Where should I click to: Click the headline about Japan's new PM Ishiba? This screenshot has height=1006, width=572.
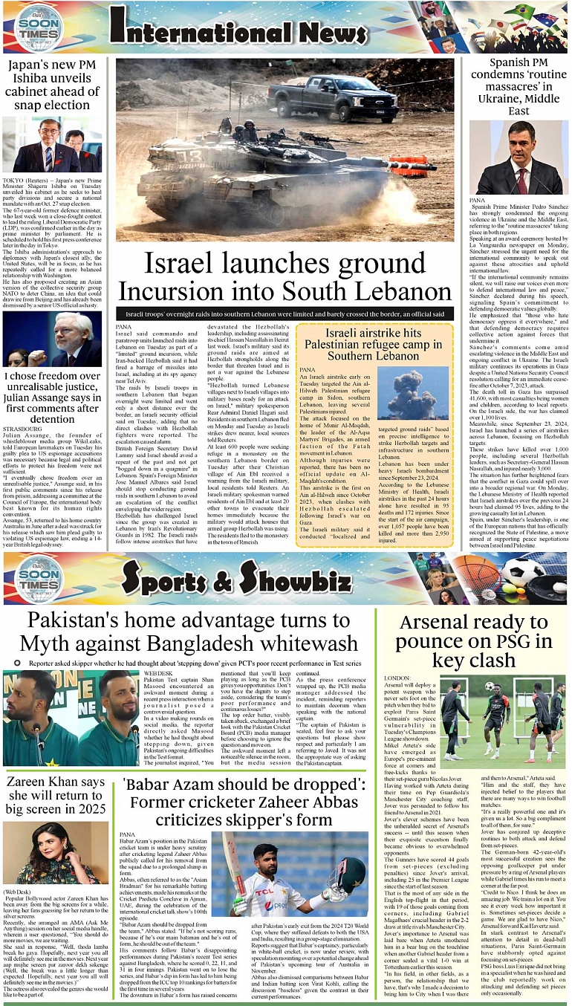(52, 84)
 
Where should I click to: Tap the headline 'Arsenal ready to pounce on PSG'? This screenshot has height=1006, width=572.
(484, 640)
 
